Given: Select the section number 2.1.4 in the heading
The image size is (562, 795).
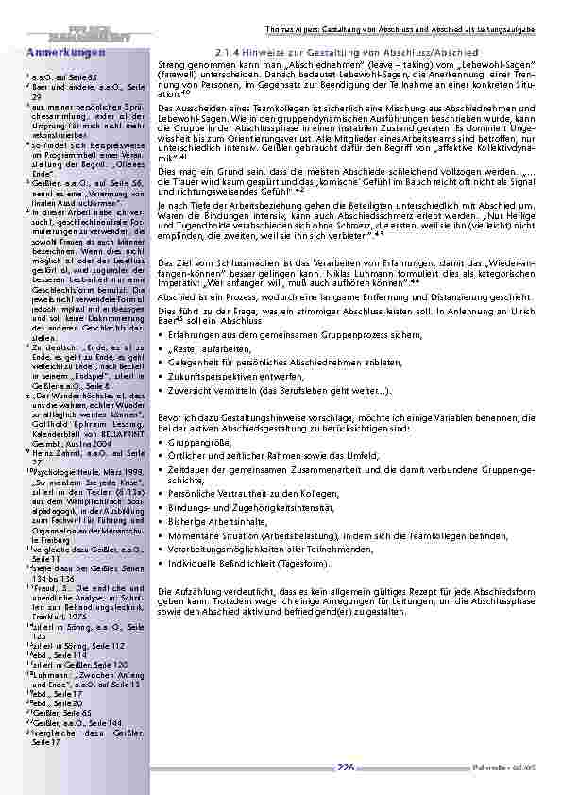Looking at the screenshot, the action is tap(230, 51).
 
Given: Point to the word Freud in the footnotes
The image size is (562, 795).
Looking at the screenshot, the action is tap(45, 586).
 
